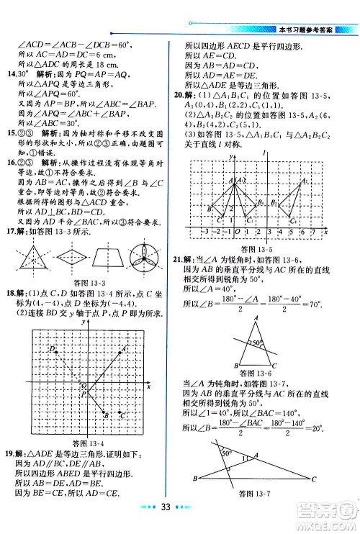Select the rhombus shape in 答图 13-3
tap(73, 257)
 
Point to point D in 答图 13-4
tap(53, 350)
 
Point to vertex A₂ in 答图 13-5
tap(302, 181)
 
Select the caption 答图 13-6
tap(254, 374)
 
